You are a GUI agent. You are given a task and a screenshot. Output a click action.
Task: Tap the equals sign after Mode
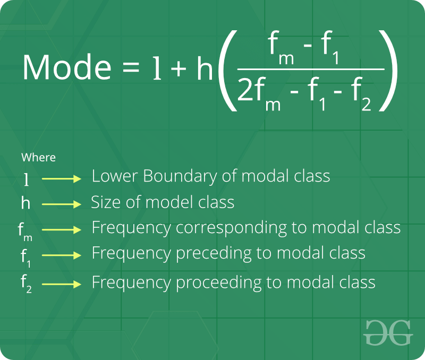pos(131,67)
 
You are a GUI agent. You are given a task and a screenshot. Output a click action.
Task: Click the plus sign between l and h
pos(178,68)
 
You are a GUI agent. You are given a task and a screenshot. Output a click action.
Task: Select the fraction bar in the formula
pos(311,70)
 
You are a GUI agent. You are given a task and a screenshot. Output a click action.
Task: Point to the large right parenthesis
pos(388,71)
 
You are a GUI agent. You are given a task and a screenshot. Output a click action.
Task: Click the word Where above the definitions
pos(38,157)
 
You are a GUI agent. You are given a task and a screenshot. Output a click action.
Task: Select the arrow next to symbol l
pos(62,179)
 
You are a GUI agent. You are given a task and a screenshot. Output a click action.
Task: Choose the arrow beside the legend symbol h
pos(62,204)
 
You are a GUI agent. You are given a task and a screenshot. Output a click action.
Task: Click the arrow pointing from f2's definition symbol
pos(62,284)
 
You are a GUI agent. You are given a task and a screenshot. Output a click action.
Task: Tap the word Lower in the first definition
pos(115,176)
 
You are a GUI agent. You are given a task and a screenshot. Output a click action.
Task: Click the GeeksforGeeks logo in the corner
pos(388,332)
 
